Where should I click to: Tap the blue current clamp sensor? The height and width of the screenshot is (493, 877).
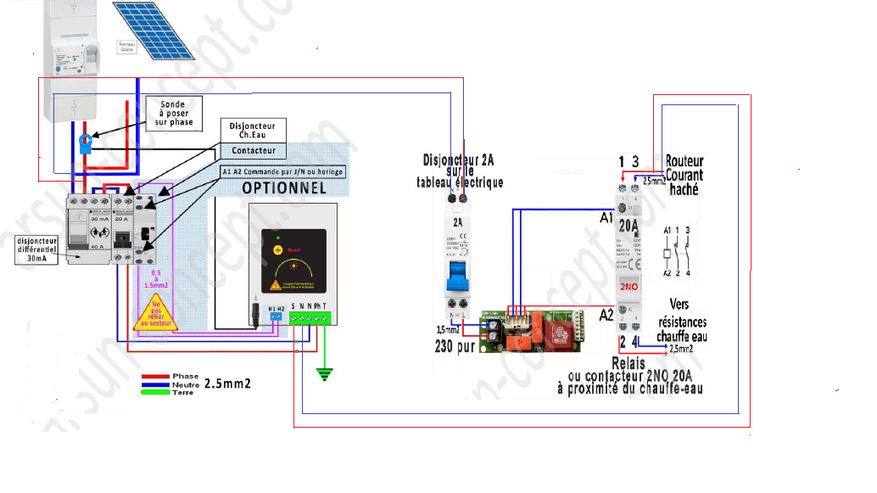[x=85, y=142]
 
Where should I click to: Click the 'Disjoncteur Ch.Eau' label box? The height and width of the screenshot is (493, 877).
[x=254, y=129]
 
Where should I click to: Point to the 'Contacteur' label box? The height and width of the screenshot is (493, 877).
[x=254, y=150]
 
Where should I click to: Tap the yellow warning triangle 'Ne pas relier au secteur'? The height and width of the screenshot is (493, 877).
[x=154, y=311]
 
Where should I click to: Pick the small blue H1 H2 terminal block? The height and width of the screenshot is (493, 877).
[x=276, y=317]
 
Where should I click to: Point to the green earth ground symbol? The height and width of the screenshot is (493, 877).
[x=323, y=373]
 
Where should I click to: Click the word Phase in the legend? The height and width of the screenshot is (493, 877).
[x=185, y=376]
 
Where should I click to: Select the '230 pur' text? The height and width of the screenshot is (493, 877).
[x=455, y=347]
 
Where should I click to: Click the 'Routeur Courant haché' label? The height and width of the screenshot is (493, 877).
[x=684, y=175]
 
